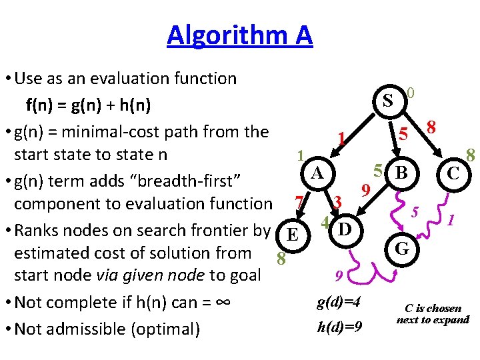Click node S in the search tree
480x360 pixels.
[x=387, y=102]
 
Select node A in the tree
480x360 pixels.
[x=318, y=173]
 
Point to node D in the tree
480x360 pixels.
[x=345, y=230]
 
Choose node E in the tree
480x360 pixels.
[x=291, y=235]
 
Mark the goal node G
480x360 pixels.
[x=401, y=249]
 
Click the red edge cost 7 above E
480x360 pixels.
[x=300, y=201]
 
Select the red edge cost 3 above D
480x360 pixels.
[x=338, y=201]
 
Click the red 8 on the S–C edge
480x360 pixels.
[x=432, y=127]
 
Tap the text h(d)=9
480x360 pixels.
[x=340, y=327]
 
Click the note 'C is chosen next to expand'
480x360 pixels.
[x=433, y=314]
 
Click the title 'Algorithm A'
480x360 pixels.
[x=239, y=35]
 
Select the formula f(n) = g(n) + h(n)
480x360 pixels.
[x=87, y=105]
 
